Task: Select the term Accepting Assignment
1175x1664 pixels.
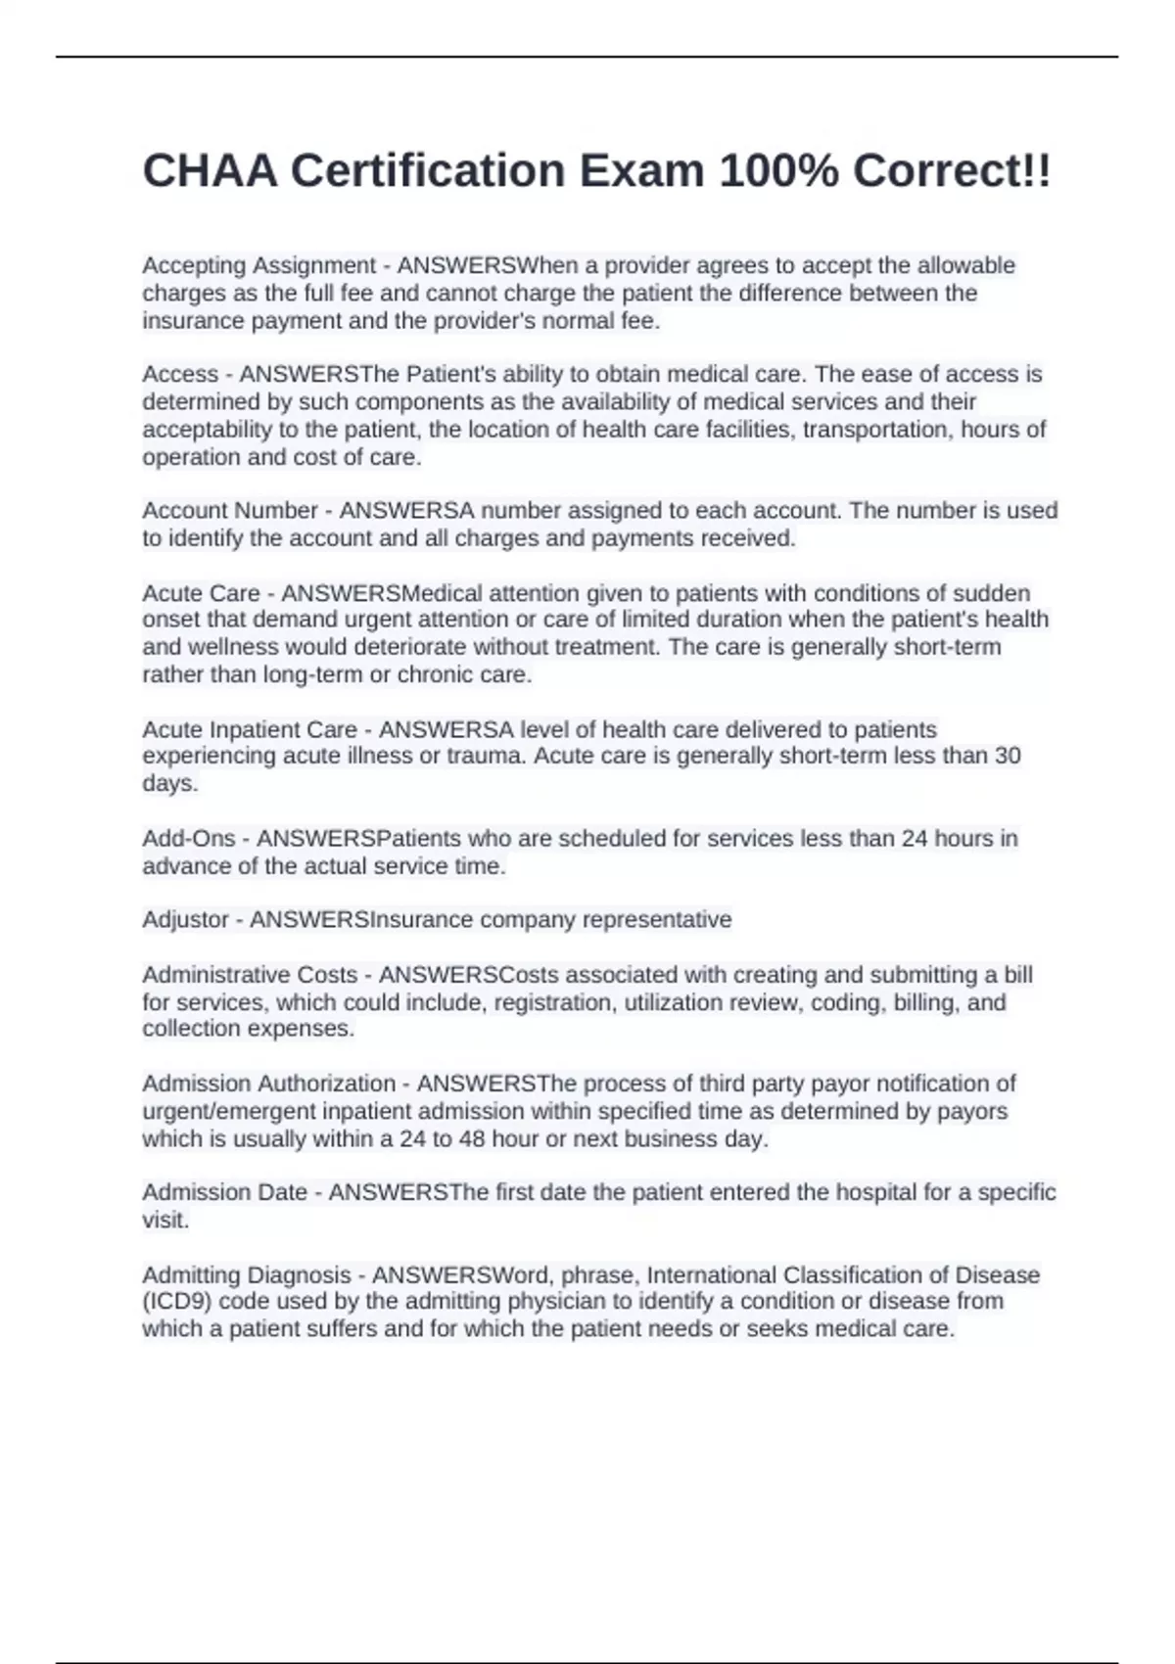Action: (258, 265)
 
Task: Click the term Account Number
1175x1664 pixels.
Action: (230, 511)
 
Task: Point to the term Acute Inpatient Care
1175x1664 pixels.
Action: (250, 730)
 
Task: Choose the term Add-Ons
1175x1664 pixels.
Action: (189, 839)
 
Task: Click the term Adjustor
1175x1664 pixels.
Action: (185, 920)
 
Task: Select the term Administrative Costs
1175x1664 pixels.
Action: (250, 975)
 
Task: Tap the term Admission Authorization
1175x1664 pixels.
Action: (268, 1084)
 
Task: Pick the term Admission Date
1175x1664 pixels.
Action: (224, 1192)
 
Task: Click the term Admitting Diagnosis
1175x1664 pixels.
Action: (246, 1275)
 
